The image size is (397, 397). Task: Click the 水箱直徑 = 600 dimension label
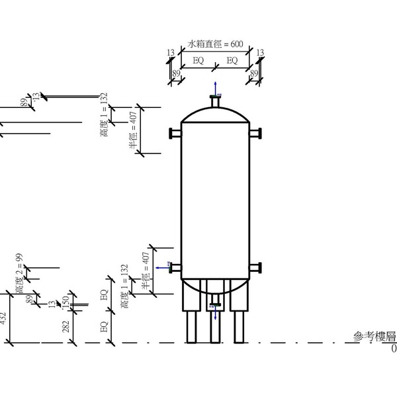pyautogui.click(x=216, y=44)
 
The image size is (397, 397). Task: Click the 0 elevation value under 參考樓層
pyautogui.click(x=394, y=349)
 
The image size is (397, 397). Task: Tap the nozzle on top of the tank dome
pyautogui.click(x=215, y=100)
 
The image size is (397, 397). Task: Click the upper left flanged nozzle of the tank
pyautogui.click(x=175, y=132)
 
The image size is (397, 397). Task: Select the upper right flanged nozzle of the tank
pyautogui.click(x=255, y=132)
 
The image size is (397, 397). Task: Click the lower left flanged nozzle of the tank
pyautogui.click(x=175, y=268)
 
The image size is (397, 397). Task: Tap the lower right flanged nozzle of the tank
pyautogui.click(x=255, y=268)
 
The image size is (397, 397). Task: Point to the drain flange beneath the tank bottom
pyautogui.click(x=215, y=305)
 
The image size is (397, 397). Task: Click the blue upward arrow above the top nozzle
pyautogui.click(x=215, y=87)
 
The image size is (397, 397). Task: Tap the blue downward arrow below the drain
pyautogui.click(x=215, y=315)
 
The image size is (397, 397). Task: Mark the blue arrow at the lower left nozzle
pyautogui.click(x=161, y=268)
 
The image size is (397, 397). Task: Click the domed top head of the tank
pyautogui.click(x=215, y=112)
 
